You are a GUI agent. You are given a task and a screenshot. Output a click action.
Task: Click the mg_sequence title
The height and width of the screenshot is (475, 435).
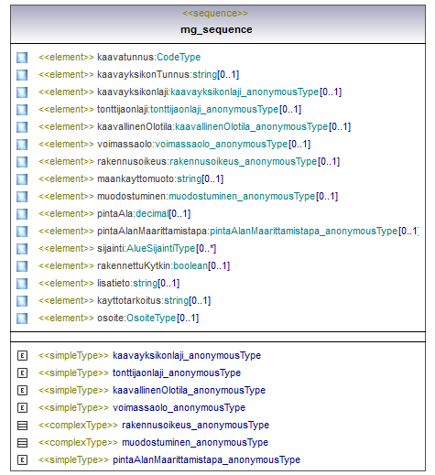point(216,29)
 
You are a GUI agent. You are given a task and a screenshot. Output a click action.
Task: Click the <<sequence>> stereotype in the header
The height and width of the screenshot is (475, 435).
point(215,14)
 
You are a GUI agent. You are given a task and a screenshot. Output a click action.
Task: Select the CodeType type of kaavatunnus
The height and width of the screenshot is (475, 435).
point(179,57)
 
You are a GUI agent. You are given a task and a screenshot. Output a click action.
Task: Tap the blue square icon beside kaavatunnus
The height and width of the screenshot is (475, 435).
point(22,58)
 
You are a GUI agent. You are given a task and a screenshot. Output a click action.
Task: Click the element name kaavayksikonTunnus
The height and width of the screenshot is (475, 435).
point(144,74)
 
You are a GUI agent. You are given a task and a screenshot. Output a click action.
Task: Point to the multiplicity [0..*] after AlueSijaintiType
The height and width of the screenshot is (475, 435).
point(206,249)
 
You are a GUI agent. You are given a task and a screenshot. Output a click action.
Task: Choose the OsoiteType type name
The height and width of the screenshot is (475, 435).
point(151,318)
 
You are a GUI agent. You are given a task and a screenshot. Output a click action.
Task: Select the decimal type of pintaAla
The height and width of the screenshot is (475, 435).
point(152,214)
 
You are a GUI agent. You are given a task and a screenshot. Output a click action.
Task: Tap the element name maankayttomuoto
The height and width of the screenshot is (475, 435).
point(136,179)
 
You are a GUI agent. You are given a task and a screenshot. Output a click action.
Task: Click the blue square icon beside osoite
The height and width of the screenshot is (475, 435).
point(22,318)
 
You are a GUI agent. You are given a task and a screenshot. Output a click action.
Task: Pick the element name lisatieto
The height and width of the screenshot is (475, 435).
point(114,284)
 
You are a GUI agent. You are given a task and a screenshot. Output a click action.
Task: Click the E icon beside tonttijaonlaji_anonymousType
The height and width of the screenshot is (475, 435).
point(22,373)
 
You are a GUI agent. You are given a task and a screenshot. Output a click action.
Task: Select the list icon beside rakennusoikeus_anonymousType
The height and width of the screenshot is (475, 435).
point(22,426)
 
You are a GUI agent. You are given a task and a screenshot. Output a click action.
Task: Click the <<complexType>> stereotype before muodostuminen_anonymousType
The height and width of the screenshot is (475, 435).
point(78,443)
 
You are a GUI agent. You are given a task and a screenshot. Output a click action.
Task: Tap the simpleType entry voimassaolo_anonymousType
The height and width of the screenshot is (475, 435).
point(179,408)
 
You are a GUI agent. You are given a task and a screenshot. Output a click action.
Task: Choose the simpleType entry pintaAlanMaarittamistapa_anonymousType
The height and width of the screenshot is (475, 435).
point(207,460)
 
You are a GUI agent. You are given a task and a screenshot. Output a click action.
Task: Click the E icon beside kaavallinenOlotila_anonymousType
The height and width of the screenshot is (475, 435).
point(22,391)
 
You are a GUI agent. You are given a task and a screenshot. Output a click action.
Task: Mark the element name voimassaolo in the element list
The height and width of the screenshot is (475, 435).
point(125,145)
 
